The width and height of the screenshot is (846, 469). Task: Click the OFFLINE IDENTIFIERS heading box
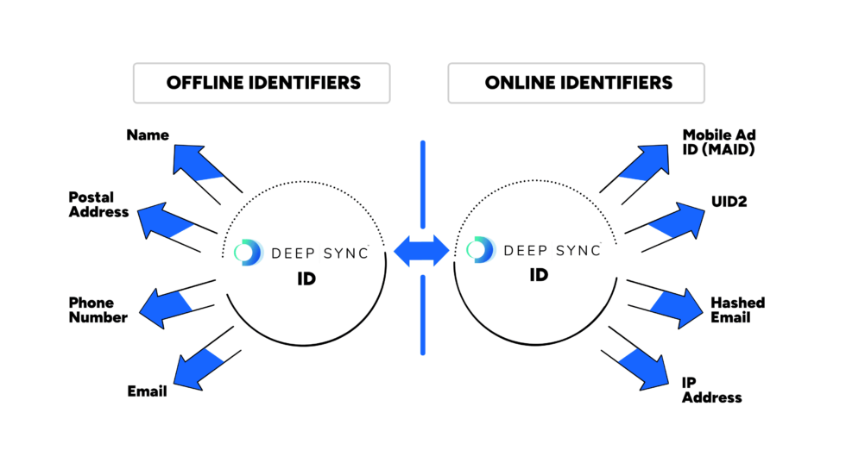pyautogui.click(x=262, y=84)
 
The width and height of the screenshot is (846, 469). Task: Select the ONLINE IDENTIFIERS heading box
pyautogui.click(x=577, y=84)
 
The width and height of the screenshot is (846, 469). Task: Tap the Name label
pyautogui.click(x=148, y=135)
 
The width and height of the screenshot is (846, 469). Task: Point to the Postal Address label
pyautogui.click(x=98, y=205)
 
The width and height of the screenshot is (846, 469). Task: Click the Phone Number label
pyautogui.click(x=98, y=310)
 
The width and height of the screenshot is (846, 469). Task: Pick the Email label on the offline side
pyautogui.click(x=147, y=391)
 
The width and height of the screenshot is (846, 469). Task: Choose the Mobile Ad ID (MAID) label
pyautogui.click(x=719, y=142)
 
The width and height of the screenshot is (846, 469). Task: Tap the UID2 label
pyautogui.click(x=729, y=203)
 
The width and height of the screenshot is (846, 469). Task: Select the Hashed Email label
pyautogui.click(x=737, y=310)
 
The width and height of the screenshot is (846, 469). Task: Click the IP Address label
pyautogui.click(x=711, y=390)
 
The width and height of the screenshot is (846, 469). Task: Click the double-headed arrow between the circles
pyautogui.click(x=422, y=251)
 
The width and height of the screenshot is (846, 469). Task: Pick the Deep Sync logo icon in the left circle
pyautogui.click(x=249, y=253)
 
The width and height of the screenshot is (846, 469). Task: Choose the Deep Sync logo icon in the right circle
pyautogui.click(x=480, y=249)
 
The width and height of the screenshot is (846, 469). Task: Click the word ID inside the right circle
pyautogui.click(x=539, y=275)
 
